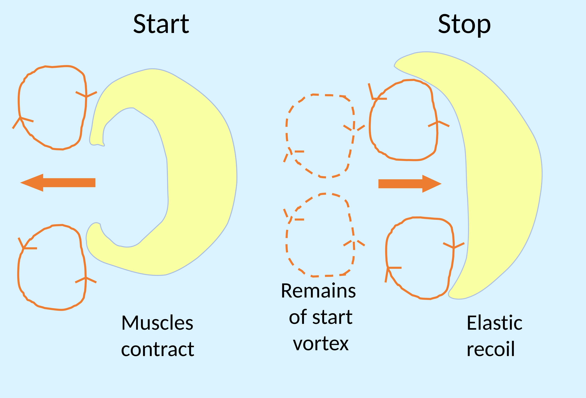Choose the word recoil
coord(490,350)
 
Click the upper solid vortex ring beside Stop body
coord(370,126)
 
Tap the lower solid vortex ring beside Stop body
coord(386,252)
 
